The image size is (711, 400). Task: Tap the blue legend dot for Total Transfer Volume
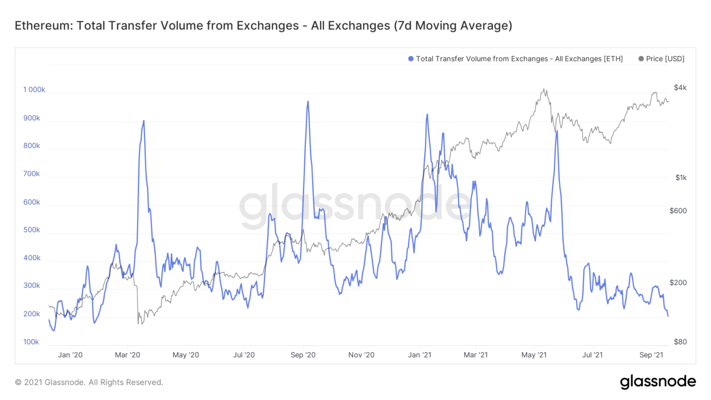(x=411, y=59)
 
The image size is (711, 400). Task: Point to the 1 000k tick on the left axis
(x=34, y=90)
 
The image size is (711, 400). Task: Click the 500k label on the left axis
(x=32, y=230)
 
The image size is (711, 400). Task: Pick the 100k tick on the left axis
(x=31, y=342)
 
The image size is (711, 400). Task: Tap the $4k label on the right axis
(x=680, y=88)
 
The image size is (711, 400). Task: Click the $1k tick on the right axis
(x=680, y=178)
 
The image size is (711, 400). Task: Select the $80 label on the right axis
(x=680, y=342)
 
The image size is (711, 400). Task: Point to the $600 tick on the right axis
(x=678, y=211)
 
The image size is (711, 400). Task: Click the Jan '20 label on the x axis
(x=70, y=355)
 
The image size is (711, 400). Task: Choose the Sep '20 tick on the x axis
(x=303, y=355)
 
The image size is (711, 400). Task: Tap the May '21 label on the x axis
(x=534, y=355)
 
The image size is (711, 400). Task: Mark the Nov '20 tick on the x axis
(x=362, y=355)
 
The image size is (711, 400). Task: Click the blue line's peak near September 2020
(x=308, y=101)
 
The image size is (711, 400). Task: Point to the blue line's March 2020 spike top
(x=143, y=121)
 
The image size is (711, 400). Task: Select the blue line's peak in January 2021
(x=427, y=114)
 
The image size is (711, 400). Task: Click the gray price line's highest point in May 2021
(x=544, y=90)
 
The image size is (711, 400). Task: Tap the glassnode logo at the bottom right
(x=658, y=381)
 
